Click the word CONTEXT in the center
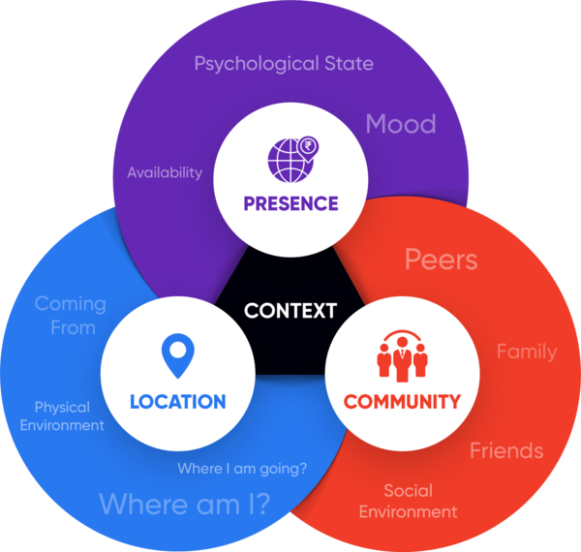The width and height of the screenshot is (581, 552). coord(290,311)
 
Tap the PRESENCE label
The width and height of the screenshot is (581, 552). coord(290,203)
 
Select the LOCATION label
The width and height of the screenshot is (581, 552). coord(178,401)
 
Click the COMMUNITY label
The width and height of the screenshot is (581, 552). coord(402,401)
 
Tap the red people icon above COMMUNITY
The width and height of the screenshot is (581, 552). coord(402,356)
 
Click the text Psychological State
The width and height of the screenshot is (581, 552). coord(284,64)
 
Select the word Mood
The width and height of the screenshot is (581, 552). coord(400,124)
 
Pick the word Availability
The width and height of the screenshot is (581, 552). coord(165,172)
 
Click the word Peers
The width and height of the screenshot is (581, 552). coord(441,260)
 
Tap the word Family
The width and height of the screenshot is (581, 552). coord(527,351)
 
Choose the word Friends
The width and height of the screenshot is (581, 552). coord(506,450)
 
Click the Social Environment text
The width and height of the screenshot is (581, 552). coord(408,501)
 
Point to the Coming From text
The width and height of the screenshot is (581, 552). coord(70,316)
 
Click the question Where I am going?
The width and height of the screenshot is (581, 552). coord(242,470)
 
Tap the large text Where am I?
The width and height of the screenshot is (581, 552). coord(184,504)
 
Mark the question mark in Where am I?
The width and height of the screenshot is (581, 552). coord(261,504)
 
